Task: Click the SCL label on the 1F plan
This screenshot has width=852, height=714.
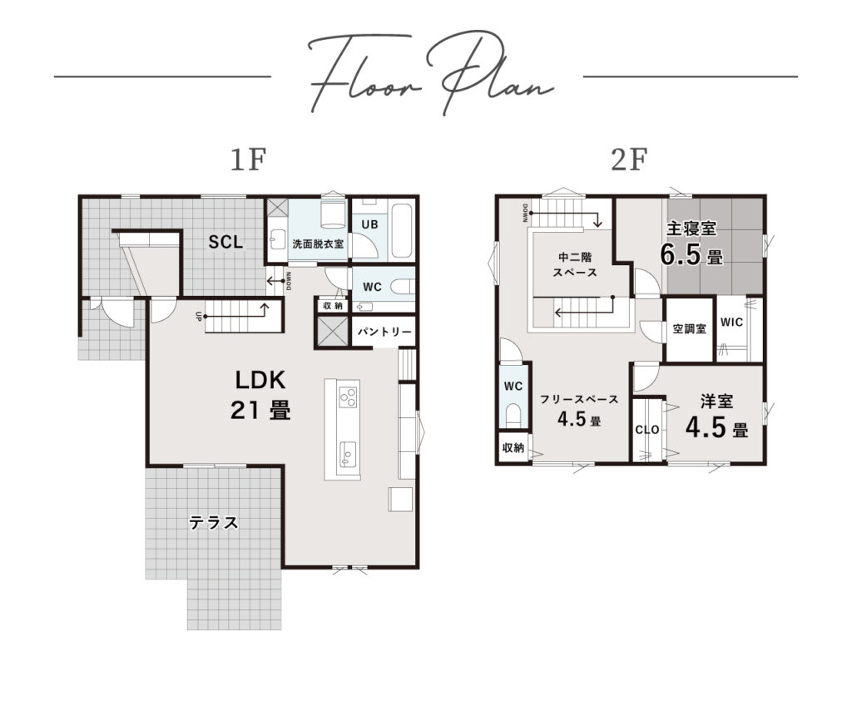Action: click(x=225, y=242)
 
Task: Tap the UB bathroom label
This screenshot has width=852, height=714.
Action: click(x=369, y=224)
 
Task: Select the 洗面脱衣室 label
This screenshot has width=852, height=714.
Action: click(x=318, y=244)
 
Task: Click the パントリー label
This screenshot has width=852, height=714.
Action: click(x=384, y=331)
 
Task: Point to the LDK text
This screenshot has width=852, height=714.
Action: click(x=260, y=380)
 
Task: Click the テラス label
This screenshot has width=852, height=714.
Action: click(x=214, y=522)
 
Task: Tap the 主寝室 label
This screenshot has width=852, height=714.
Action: click(x=691, y=229)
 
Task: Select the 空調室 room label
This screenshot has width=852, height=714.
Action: click(x=689, y=328)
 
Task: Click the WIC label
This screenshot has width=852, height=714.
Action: click(x=731, y=322)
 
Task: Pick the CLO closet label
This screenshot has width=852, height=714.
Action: click(x=647, y=430)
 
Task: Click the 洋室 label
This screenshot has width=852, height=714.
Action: click(x=716, y=401)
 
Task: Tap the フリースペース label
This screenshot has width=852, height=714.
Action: click(x=579, y=400)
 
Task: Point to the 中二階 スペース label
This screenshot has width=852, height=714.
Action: click(x=575, y=264)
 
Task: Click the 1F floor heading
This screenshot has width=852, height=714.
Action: click(x=248, y=160)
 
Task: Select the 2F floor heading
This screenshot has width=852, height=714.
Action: click(x=629, y=160)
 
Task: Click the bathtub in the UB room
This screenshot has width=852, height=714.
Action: click(x=402, y=230)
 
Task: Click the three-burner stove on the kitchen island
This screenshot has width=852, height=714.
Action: click(x=348, y=396)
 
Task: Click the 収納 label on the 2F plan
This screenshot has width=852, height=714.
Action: click(x=513, y=448)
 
